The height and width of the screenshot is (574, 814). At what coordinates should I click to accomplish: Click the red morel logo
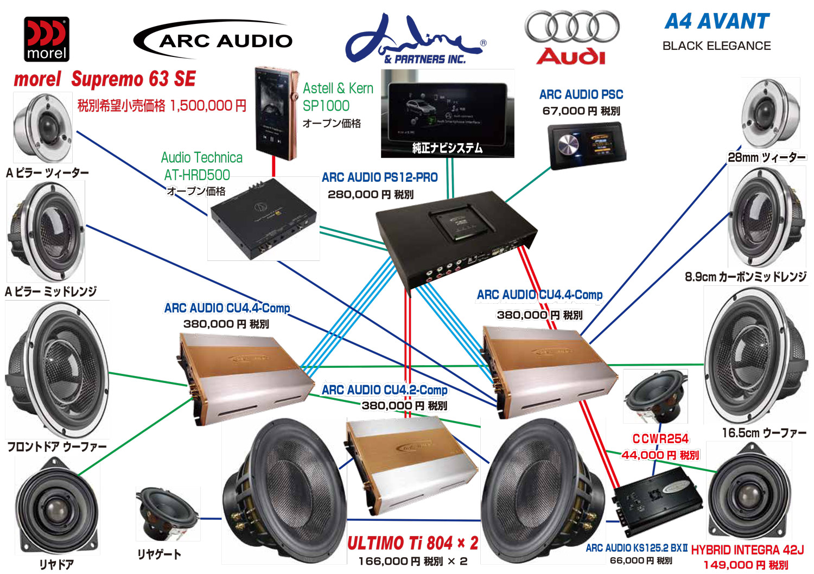click(x=47, y=39)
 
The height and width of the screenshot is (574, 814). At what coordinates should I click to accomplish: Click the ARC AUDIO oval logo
click(x=213, y=39)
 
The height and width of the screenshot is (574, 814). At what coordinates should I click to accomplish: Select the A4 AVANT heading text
click(x=717, y=21)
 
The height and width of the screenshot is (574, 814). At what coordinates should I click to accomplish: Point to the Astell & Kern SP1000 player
click(x=276, y=113)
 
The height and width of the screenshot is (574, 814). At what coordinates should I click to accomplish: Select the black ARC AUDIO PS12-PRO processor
click(x=456, y=233)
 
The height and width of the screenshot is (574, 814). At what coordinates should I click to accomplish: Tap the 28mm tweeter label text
click(x=766, y=157)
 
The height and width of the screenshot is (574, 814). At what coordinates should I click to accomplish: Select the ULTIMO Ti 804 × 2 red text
click(x=412, y=543)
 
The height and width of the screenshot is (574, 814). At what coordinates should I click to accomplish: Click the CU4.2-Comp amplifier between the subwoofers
click(x=411, y=465)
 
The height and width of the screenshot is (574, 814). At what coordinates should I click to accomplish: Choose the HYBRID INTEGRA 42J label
click(x=747, y=550)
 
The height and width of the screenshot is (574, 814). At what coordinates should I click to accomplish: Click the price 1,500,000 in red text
click(x=208, y=105)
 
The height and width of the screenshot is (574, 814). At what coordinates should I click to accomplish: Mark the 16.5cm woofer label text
click(x=764, y=433)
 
